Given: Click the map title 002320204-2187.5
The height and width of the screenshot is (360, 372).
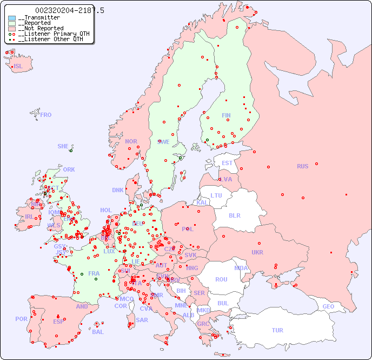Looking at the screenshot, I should pyautogui.click(x=70, y=10).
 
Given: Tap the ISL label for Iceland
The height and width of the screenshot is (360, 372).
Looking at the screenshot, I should pyautogui.click(x=18, y=67).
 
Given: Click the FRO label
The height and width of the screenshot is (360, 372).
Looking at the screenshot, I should pyautogui.click(x=46, y=115).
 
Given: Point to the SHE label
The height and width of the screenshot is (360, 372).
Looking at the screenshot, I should pyautogui.click(x=63, y=146).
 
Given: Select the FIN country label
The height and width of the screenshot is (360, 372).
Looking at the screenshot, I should pyautogui.click(x=226, y=115).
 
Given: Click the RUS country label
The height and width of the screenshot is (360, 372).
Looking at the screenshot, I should pyautogui.click(x=302, y=166).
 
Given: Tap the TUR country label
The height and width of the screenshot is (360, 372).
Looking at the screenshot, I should pyautogui.click(x=277, y=330).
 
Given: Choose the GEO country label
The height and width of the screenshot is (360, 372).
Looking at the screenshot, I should pyautogui.click(x=328, y=306).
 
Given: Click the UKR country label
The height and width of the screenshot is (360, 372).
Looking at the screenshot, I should pyautogui.click(x=257, y=252).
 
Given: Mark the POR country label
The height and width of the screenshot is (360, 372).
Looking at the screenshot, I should pyautogui.click(x=21, y=319).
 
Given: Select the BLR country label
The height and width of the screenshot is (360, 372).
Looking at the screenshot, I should pyautogui.click(x=235, y=215).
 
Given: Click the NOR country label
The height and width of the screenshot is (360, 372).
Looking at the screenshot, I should pyautogui.click(x=131, y=141).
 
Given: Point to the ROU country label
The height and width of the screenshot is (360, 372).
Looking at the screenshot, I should pyautogui.click(x=221, y=279).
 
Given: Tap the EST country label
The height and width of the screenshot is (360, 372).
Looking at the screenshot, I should pyautogui.click(x=227, y=163).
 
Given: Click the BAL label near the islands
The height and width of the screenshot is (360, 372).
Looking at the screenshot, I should pyautogui.click(x=98, y=332).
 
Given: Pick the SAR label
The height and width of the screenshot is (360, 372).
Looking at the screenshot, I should pyautogui.click(x=142, y=320).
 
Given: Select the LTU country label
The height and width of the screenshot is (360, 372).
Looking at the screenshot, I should pyautogui.click(x=216, y=195).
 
